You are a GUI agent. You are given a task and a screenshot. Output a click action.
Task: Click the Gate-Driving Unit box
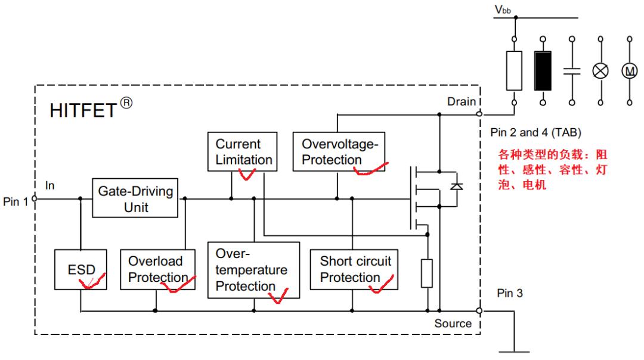tap(136, 199)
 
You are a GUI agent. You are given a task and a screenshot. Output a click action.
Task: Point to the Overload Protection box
tap(155, 269)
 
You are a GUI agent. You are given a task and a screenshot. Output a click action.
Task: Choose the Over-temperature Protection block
tap(253, 269)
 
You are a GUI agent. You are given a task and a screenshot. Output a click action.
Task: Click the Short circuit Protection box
tap(355, 269)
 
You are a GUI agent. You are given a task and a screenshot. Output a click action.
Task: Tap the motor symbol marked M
tap(629, 70)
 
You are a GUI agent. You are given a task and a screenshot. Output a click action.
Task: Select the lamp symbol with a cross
tap(600, 70)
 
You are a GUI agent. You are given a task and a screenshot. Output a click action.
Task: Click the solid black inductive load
tap(543, 70)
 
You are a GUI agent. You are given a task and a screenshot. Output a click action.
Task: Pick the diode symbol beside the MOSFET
tap(456, 187)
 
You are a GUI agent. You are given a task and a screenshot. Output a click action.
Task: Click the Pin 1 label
tap(16, 201)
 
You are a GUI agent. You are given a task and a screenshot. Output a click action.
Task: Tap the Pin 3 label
tap(510, 294)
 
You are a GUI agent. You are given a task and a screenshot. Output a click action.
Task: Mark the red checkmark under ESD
tap(92, 281)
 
